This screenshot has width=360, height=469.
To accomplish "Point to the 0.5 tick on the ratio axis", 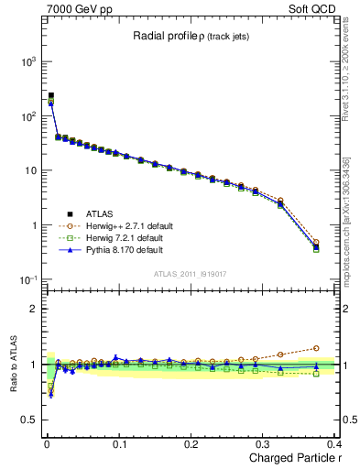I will (x=29, y=420).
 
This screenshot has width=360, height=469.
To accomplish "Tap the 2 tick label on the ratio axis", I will (x=33, y=309).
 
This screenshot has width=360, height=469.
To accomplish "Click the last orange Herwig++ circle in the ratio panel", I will (x=316, y=348).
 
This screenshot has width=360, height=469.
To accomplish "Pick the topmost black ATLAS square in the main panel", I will (x=50, y=95).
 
